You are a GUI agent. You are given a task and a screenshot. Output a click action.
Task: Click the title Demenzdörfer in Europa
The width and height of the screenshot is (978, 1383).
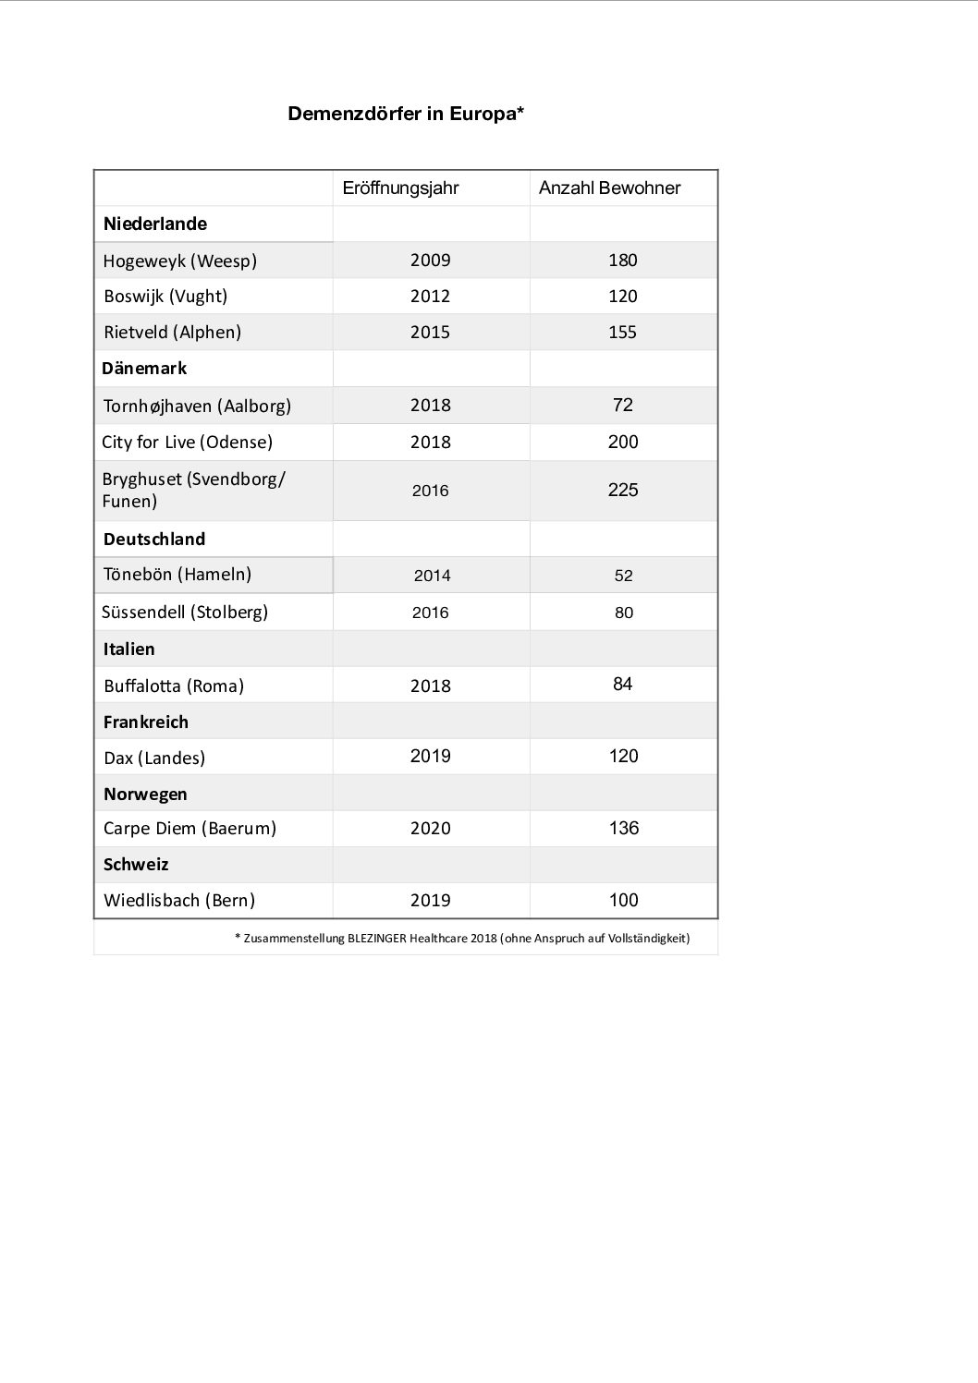click(x=406, y=114)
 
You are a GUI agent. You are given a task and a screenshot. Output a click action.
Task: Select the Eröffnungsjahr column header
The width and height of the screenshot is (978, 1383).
click(x=400, y=188)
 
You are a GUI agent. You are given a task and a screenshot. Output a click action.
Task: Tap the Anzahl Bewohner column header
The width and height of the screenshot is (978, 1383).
click(x=609, y=188)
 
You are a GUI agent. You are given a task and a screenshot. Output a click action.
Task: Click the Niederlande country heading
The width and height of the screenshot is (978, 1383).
click(x=155, y=224)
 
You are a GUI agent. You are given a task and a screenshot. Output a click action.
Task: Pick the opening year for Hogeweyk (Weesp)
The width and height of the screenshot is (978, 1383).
click(x=430, y=261)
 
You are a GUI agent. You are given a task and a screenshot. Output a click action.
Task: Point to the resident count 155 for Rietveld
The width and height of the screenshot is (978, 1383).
click(x=622, y=333)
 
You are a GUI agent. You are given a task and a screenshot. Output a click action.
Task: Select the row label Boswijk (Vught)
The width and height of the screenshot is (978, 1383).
click(x=165, y=297)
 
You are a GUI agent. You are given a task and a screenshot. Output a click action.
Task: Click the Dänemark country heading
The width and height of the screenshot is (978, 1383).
click(x=144, y=369)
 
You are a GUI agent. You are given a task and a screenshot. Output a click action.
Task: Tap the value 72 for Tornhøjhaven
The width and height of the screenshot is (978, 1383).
click(x=622, y=406)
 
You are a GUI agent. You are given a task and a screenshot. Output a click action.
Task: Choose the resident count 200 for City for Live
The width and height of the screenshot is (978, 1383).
click(x=622, y=442)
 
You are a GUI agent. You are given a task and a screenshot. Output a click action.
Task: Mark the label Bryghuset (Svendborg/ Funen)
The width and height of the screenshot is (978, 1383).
click(x=193, y=491)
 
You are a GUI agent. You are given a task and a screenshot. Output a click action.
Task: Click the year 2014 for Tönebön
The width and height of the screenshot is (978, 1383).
click(x=432, y=576)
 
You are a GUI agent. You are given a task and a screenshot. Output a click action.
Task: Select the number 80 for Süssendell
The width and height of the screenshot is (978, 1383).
click(x=624, y=613)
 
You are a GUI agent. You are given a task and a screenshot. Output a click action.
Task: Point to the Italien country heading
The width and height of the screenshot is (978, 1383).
click(x=129, y=649)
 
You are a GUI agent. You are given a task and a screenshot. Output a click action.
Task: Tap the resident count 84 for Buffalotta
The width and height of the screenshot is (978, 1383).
click(x=622, y=685)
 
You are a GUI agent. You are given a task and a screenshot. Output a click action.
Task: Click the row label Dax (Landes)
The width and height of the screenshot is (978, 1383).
click(x=154, y=758)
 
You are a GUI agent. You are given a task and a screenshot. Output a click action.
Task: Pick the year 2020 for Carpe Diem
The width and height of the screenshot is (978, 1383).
click(x=430, y=829)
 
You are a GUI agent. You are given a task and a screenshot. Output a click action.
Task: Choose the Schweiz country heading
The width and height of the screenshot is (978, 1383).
click(x=136, y=865)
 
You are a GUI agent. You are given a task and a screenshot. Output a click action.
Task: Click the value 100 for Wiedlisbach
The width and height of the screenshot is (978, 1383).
click(x=623, y=901)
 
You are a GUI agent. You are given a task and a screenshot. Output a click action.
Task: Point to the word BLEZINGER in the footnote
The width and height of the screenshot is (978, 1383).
click(x=376, y=939)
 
